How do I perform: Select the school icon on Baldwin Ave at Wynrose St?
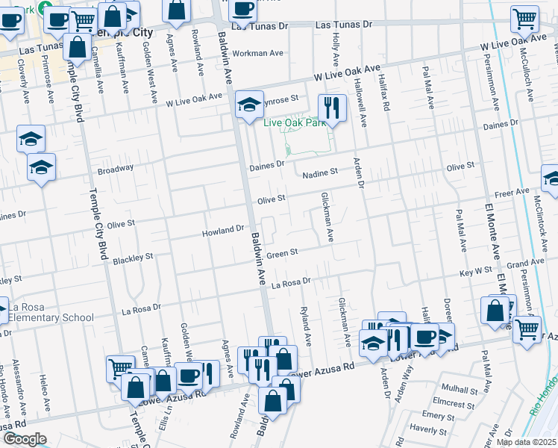point(249,105)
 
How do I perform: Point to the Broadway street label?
point(115,169)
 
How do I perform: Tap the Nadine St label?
point(320,172)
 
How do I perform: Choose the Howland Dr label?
point(224,231)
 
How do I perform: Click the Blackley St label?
point(133,258)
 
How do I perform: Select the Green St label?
point(283,253)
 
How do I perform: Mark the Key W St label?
point(476,272)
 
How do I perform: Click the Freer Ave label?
point(512,193)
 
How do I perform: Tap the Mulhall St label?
point(459,390)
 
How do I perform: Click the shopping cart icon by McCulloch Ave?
point(525,19)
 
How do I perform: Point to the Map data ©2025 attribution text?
point(526,442)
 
